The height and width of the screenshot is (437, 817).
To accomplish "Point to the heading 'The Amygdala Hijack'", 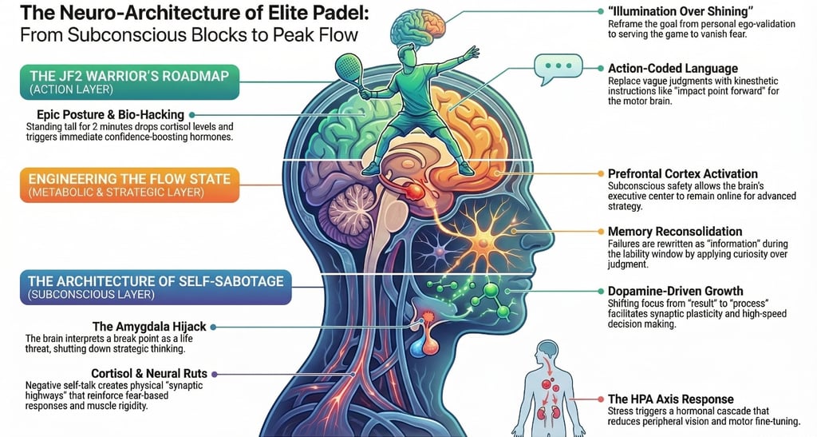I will (149, 327).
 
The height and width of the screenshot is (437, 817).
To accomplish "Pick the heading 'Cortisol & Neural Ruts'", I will (149, 373).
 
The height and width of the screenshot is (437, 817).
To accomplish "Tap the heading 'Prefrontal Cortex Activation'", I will (683, 173).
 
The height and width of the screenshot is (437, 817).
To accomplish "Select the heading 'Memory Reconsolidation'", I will (675, 232).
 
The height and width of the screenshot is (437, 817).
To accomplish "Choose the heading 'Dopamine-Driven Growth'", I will (675, 291).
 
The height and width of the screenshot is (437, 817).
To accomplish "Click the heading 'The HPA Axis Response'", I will (670, 399).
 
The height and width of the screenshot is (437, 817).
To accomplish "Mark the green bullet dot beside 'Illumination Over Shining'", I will (599, 12).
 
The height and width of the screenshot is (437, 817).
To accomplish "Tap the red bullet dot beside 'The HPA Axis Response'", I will (599, 399).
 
